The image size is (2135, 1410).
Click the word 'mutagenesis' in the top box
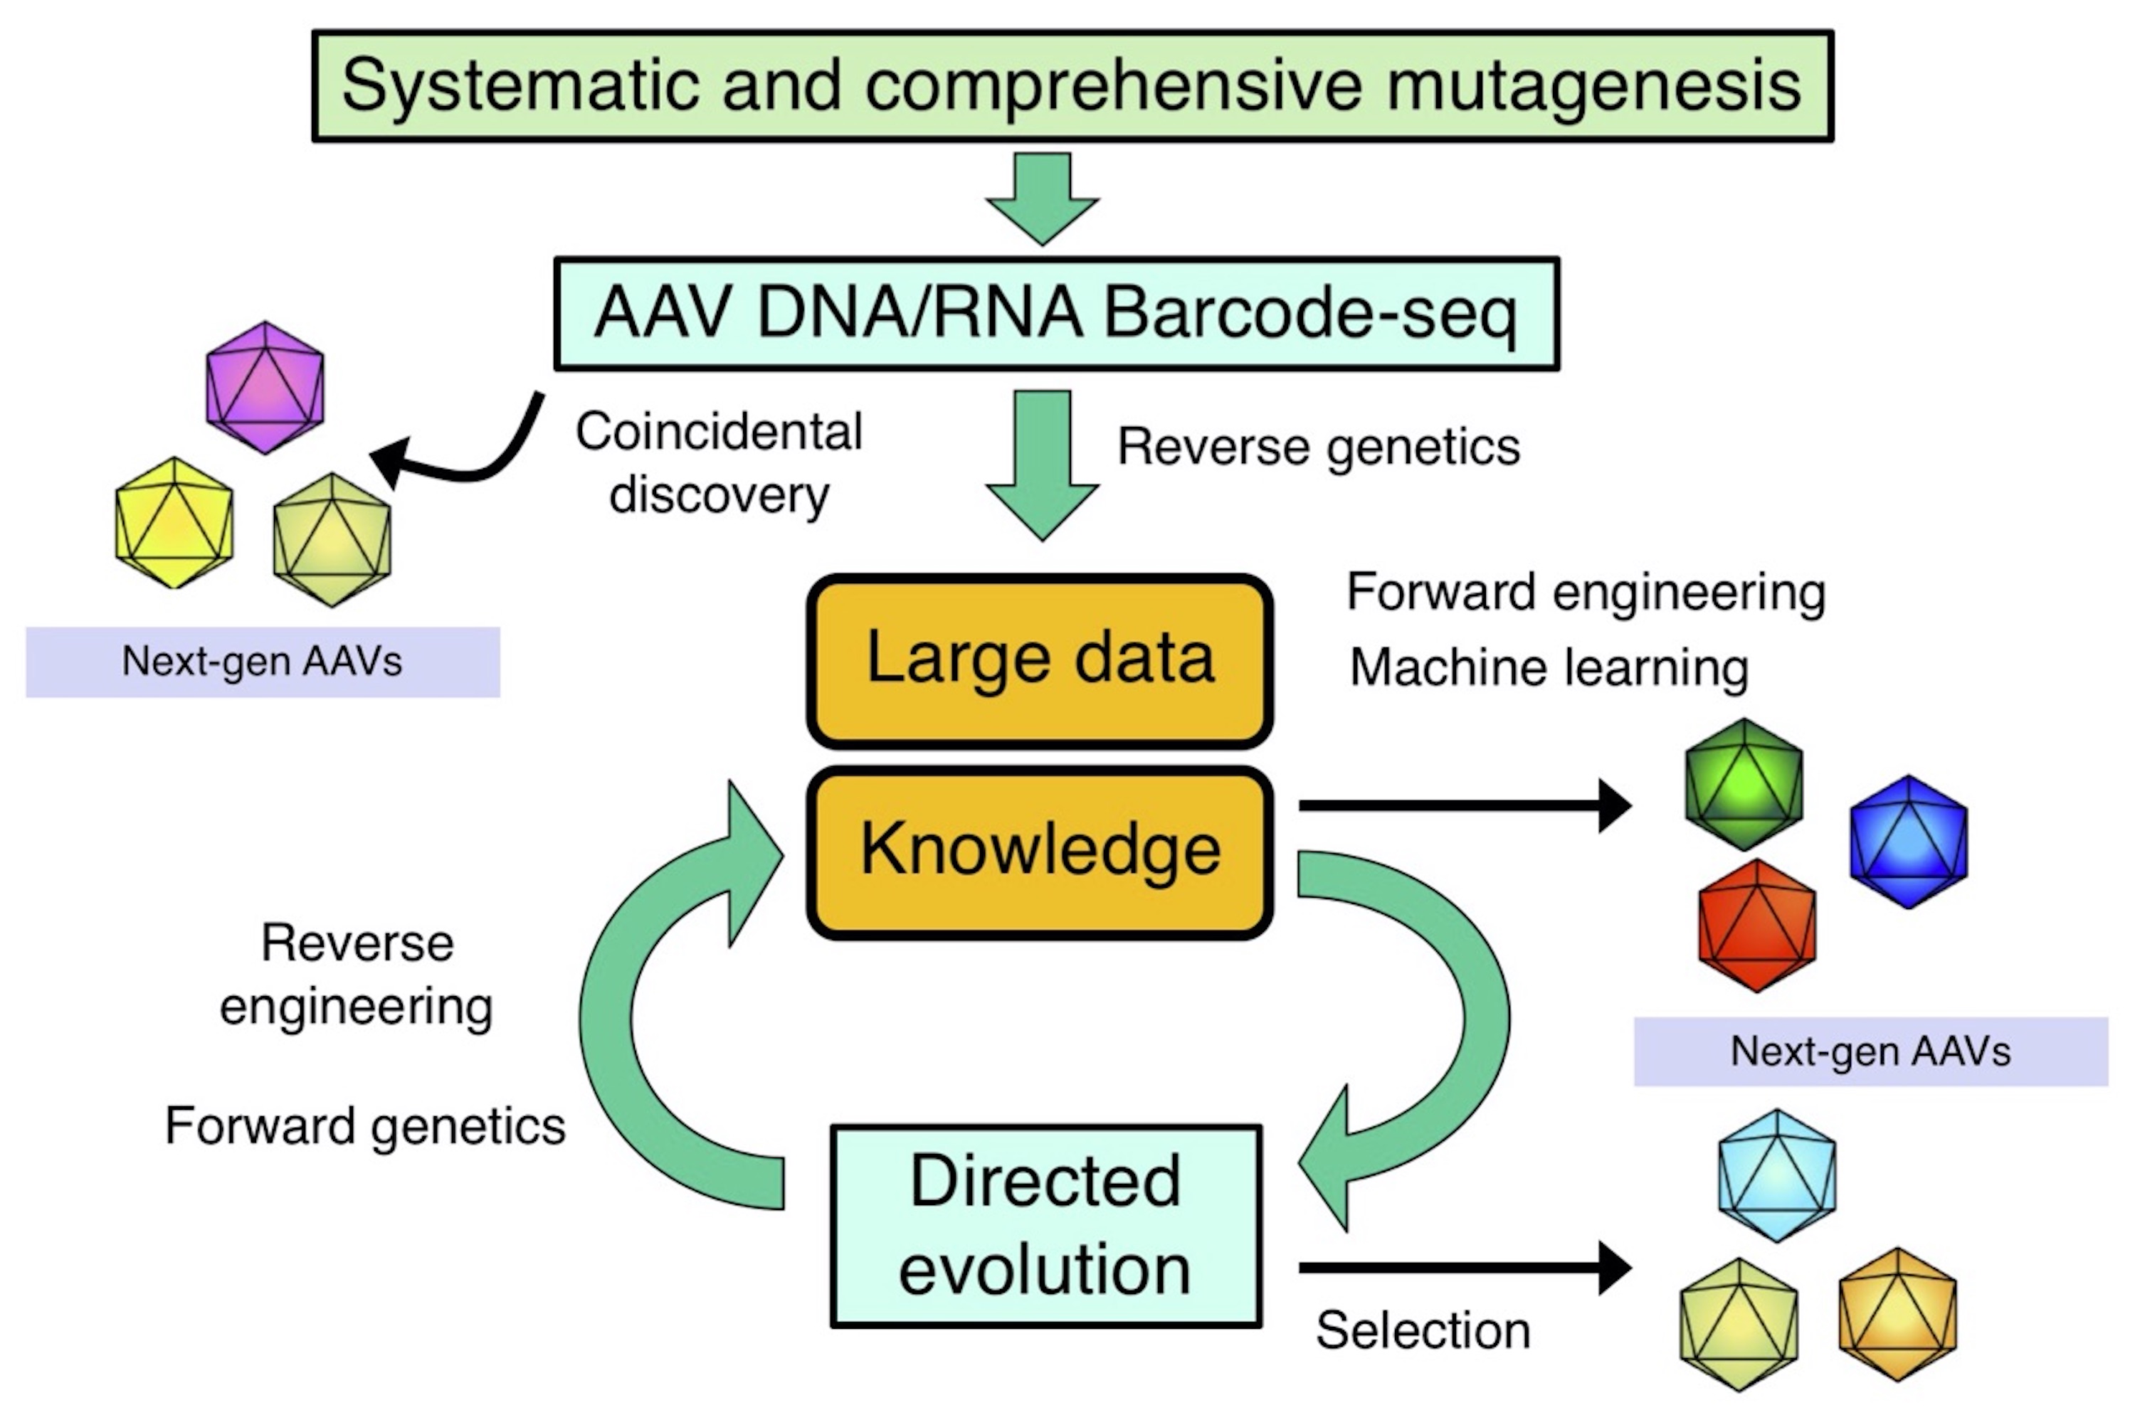click(x=1593, y=86)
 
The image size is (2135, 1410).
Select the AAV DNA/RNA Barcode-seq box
click(x=1056, y=314)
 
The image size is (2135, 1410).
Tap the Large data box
click(x=1040, y=660)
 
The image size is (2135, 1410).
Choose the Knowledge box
click(x=1040, y=851)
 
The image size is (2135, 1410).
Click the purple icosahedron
click(x=265, y=388)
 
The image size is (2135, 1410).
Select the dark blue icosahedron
click(x=1909, y=842)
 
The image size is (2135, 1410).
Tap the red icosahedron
click(x=1756, y=926)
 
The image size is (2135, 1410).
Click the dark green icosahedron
click(x=1744, y=784)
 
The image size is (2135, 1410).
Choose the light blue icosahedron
click(x=1776, y=1175)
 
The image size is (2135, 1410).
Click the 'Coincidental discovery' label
click(x=719, y=462)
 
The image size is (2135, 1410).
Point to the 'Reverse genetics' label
click(x=1319, y=447)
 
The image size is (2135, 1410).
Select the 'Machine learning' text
click(x=1549, y=668)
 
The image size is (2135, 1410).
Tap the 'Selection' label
click(x=1423, y=1330)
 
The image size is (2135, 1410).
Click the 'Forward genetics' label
click(x=365, y=1126)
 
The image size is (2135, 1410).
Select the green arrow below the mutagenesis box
click(x=1043, y=198)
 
